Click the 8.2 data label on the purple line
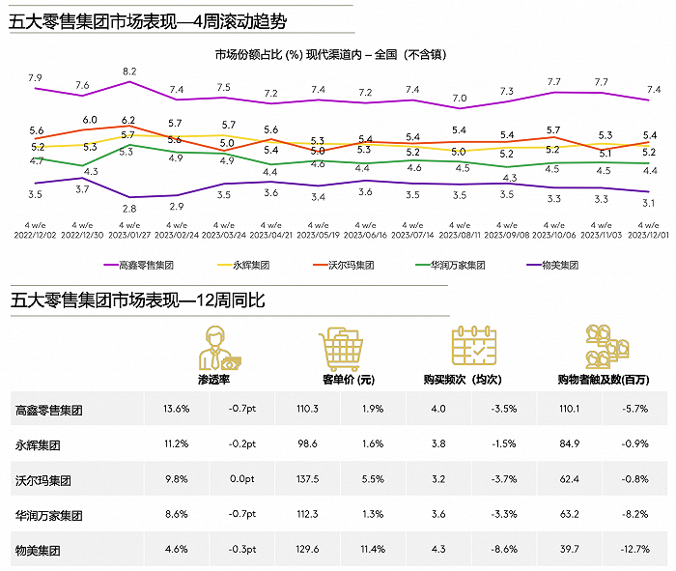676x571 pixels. [129, 71]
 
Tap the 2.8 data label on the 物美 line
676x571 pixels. [129, 208]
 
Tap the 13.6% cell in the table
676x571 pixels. [177, 410]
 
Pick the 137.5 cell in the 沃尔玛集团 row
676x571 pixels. [306, 479]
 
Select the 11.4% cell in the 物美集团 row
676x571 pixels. [370, 549]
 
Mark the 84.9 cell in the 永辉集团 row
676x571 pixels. [571, 444]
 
